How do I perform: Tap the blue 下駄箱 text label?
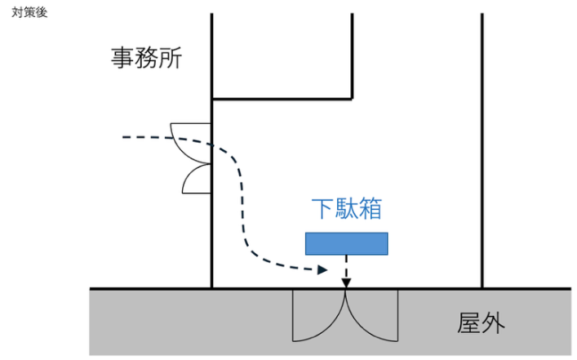click(347, 209)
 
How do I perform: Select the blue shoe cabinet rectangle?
click(347, 243)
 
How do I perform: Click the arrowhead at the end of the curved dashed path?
click(324, 269)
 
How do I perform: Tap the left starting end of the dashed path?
click(125, 137)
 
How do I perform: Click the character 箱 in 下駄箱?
click(370, 209)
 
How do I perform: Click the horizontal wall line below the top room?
click(282, 99)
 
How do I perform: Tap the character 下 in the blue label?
click(324, 209)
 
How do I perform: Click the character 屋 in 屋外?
click(468, 324)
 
